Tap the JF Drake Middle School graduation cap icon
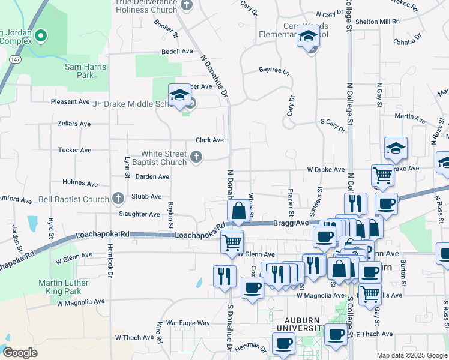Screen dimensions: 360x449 tap(179, 95)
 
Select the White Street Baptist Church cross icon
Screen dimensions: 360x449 tap(196, 158)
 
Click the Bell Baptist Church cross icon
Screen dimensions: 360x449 tap(118, 199)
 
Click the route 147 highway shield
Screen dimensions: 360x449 tap(14, 59)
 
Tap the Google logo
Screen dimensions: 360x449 tap(20, 352)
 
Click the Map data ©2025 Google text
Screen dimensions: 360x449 tap(411, 355)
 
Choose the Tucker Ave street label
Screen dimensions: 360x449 tap(74, 150)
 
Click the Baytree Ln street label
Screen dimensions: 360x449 tap(274, 71)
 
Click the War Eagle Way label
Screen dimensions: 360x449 tap(188, 323)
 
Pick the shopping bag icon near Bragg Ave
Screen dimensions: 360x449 tap(238, 211)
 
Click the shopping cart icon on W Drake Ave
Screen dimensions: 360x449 tap(382, 175)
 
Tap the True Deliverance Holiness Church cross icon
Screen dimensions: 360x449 tap(186, 5)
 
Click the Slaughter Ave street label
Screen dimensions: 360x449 tap(139, 214)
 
